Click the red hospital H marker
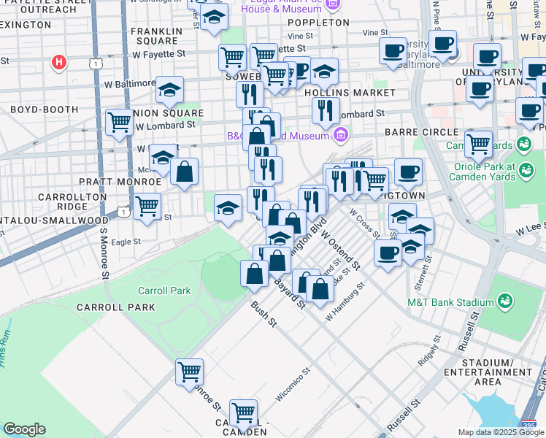pyautogui.click(x=60, y=62)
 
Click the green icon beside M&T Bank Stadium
pyautogui.click(x=504, y=301)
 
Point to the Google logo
pyautogui.click(x=24, y=429)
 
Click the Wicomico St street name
pyautogui.click(x=293, y=384)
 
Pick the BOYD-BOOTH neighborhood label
pyautogui.click(x=44, y=109)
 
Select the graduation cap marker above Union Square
pyautogui.click(x=169, y=91)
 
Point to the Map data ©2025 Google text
pyautogui.click(x=501, y=432)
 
